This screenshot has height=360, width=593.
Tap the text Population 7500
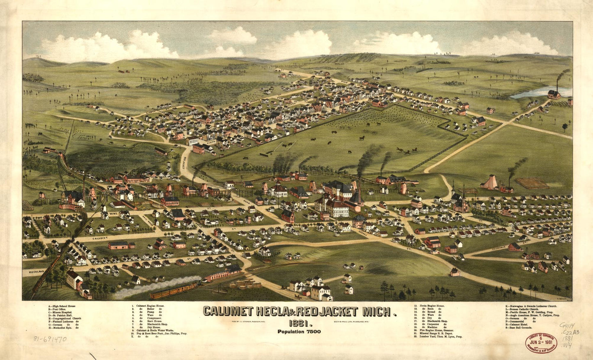[299, 332]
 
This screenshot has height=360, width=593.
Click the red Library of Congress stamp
[541, 342]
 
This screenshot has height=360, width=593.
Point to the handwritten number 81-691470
[50, 339]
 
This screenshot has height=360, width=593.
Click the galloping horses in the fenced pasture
[406, 151]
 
